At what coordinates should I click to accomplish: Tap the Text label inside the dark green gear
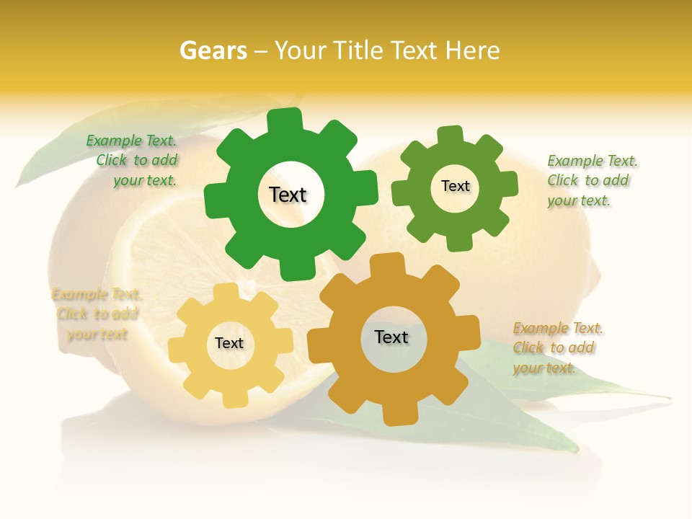pos(288,195)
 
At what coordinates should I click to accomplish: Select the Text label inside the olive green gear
pos(455,186)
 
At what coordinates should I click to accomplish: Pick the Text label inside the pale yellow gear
pos(229,344)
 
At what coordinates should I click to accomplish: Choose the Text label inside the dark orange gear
pos(391,337)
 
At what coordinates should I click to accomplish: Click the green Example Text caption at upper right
pos(590,180)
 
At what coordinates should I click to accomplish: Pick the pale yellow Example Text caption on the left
pos(96,314)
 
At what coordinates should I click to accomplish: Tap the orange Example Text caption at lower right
pos(556,348)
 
